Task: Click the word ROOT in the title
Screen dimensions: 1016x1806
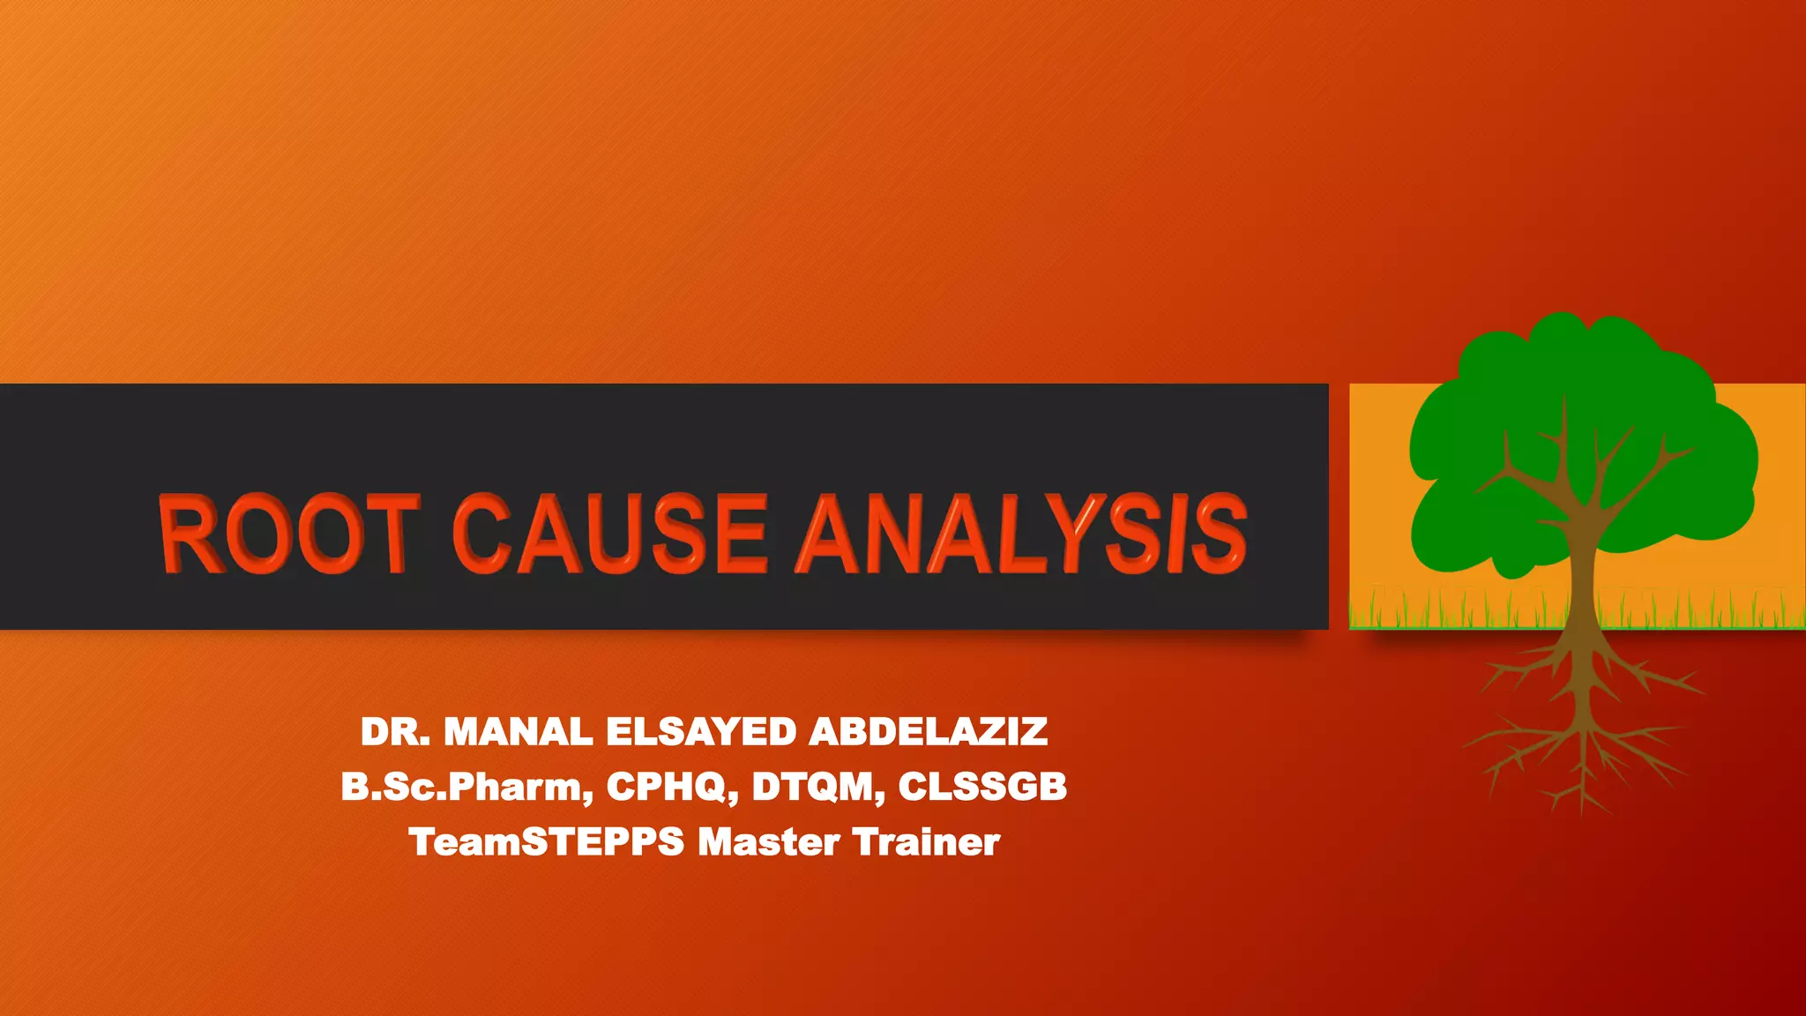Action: (287, 534)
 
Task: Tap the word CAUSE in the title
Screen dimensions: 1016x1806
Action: (610, 534)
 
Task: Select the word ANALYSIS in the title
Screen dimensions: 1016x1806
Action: (1021, 534)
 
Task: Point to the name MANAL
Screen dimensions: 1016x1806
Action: (519, 732)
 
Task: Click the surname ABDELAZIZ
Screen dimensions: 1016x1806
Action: (928, 732)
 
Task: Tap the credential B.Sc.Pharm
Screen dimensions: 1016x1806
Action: (466, 787)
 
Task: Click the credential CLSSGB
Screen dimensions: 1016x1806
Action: (982, 787)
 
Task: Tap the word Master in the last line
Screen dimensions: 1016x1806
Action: (768, 842)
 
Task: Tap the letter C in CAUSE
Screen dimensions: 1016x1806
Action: (481, 534)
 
